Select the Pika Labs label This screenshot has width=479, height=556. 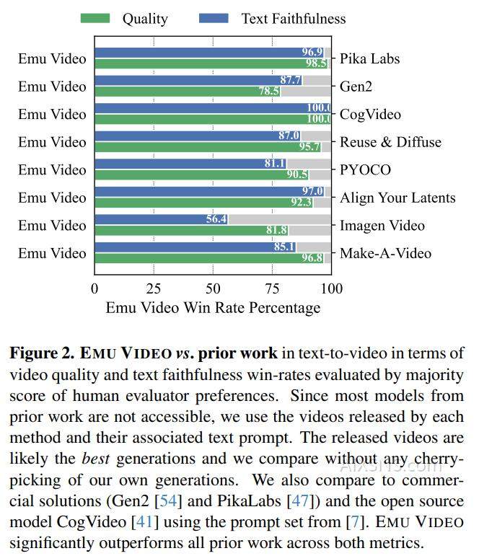tap(369, 58)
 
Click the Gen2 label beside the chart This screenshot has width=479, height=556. tap(356, 87)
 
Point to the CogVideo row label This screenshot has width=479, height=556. tap(370, 114)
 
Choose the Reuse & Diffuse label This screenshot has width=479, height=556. tap(390, 142)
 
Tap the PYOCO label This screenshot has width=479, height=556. tap(365, 170)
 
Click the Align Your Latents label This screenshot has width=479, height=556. tap(397, 198)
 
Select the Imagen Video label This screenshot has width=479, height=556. tap(382, 226)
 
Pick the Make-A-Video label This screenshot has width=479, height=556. tap(385, 253)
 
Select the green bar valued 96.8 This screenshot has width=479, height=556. tap(209, 258)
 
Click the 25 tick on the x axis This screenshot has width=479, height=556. tap(154, 289)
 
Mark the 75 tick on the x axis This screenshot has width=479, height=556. tap(272, 289)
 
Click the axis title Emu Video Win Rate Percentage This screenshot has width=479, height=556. tap(213, 308)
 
